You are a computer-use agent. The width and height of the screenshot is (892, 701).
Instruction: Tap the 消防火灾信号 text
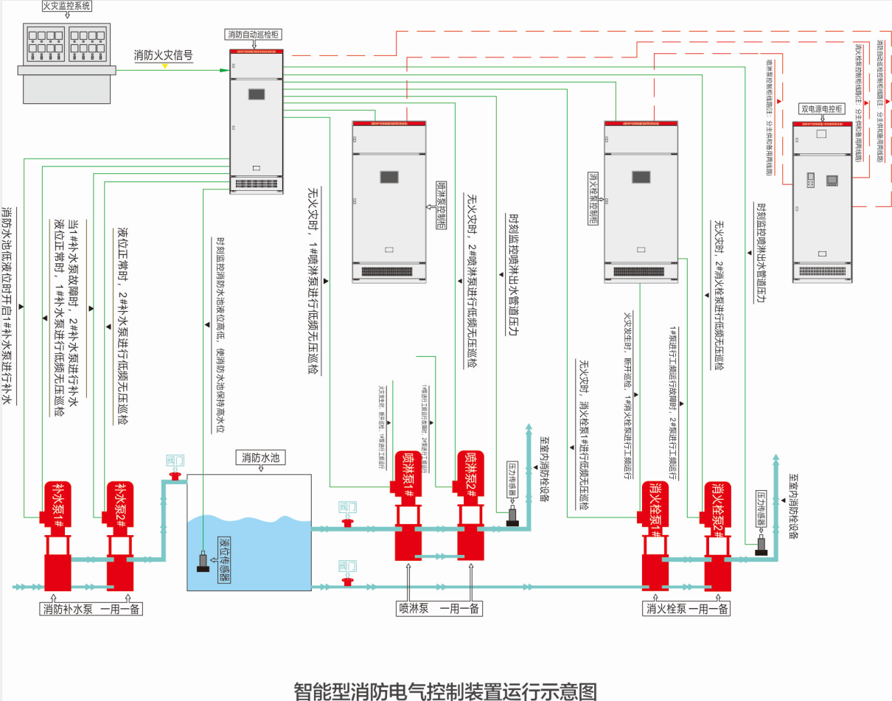click(164, 55)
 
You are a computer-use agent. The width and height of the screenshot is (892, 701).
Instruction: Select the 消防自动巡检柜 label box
click(254, 34)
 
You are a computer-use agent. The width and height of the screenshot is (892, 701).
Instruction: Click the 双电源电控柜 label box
click(822, 108)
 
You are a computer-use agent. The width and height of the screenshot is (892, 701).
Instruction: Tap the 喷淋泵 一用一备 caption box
click(439, 609)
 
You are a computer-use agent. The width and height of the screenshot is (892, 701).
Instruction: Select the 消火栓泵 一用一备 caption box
click(687, 609)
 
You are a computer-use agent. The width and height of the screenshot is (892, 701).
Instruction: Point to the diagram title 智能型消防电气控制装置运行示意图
click(445, 691)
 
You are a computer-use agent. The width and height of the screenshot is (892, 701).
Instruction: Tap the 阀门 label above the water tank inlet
click(175, 461)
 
